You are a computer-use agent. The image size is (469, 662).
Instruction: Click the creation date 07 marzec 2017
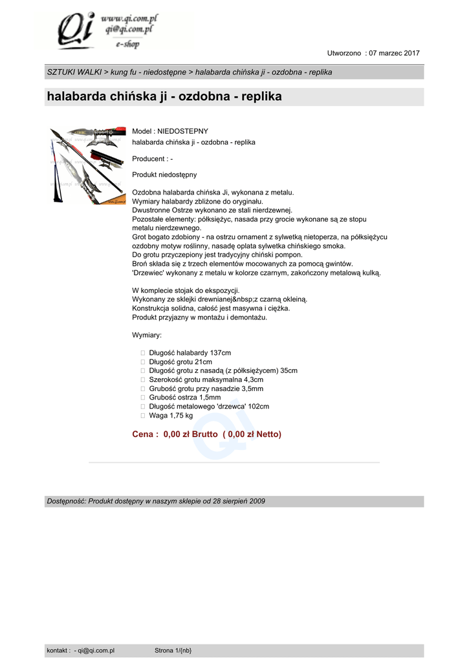(395, 53)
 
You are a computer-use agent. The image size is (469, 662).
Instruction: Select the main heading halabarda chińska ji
(164, 97)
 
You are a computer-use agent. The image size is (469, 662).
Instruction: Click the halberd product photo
(87, 165)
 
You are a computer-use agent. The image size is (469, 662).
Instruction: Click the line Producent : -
(152, 158)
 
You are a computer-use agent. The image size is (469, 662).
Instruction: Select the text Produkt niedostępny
(164, 175)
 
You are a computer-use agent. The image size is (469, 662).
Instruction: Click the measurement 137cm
(221, 352)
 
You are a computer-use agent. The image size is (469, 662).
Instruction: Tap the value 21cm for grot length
(203, 361)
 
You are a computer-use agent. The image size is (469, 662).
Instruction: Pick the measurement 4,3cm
(252, 379)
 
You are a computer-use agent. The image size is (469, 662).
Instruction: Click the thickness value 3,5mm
(252, 389)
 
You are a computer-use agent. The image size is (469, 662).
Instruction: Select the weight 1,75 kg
(180, 416)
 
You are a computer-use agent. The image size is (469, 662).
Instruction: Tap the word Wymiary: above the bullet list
(147, 335)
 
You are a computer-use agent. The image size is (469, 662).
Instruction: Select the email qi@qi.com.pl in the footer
(96, 650)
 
